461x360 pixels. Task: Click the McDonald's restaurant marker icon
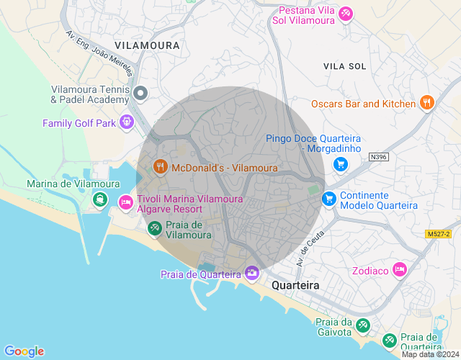[x=161, y=168]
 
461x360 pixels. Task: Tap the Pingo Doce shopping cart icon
[x=341, y=165]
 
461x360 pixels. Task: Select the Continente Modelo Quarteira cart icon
[x=329, y=198]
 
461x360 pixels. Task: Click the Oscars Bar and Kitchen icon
[x=427, y=103]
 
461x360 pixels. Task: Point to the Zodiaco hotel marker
[x=400, y=270]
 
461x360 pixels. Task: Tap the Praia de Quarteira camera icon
[x=251, y=273]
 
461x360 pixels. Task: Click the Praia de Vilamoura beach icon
[x=154, y=228]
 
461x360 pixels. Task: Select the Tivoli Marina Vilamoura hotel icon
[x=126, y=203]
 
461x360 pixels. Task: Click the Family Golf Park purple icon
[x=127, y=122]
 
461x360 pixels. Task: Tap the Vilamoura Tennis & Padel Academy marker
[x=141, y=93]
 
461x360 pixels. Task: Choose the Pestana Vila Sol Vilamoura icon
[x=346, y=13]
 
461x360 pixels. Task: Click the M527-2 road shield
[x=437, y=234]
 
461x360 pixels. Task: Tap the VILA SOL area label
[x=344, y=66]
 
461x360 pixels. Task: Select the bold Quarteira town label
[x=295, y=286]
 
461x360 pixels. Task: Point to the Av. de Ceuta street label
[x=306, y=252]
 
